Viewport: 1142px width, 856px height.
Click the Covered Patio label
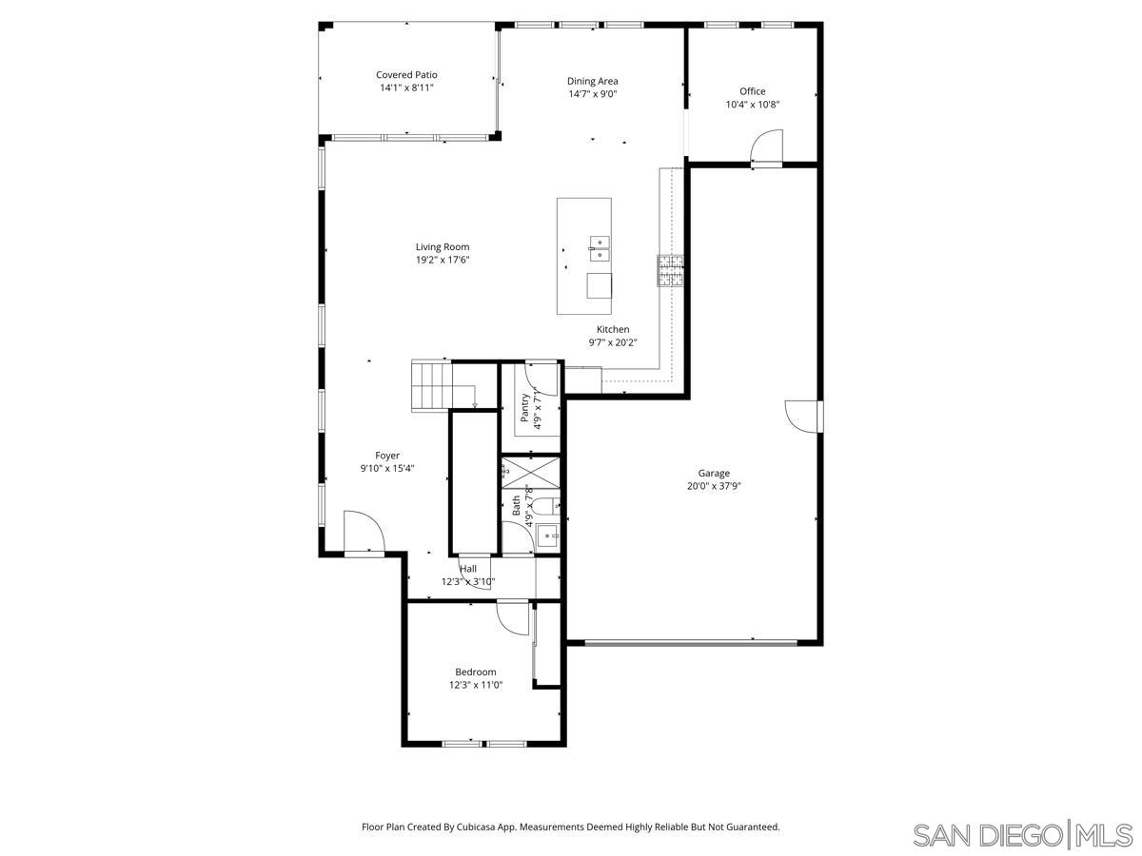click(x=406, y=74)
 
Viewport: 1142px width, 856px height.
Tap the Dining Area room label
click(x=593, y=81)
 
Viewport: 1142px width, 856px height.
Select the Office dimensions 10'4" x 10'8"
click(x=753, y=105)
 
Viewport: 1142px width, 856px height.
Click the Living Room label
click(x=443, y=246)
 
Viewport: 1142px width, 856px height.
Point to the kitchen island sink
click(x=600, y=248)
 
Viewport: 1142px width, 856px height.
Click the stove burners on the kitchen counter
click(x=669, y=271)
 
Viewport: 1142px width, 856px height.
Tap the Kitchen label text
click(x=613, y=329)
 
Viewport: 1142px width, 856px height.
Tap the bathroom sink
click(x=548, y=536)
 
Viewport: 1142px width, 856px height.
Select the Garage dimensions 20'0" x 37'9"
click(x=714, y=486)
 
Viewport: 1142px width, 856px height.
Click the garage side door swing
click(x=802, y=417)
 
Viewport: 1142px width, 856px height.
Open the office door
click(x=766, y=147)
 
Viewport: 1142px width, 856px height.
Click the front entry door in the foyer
click(x=364, y=533)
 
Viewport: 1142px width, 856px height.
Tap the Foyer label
click(x=387, y=456)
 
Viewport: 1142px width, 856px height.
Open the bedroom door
click(x=513, y=617)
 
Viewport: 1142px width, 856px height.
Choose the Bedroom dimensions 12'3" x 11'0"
click(x=476, y=685)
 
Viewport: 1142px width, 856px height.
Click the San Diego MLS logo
click(x=1022, y=834)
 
